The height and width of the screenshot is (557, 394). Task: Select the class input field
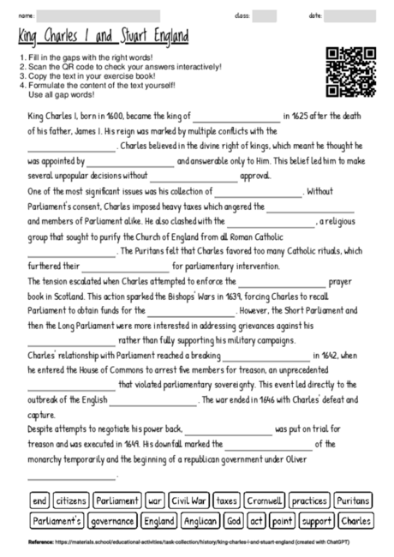tap(265, 15)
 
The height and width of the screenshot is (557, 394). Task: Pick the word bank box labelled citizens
tap(71, 500)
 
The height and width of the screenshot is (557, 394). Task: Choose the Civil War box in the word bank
tap(188, 500)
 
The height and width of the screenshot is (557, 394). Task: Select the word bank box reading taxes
tap(226, 500)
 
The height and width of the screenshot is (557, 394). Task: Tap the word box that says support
tap(316, 520)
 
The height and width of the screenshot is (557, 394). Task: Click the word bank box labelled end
tap(39, 500)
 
